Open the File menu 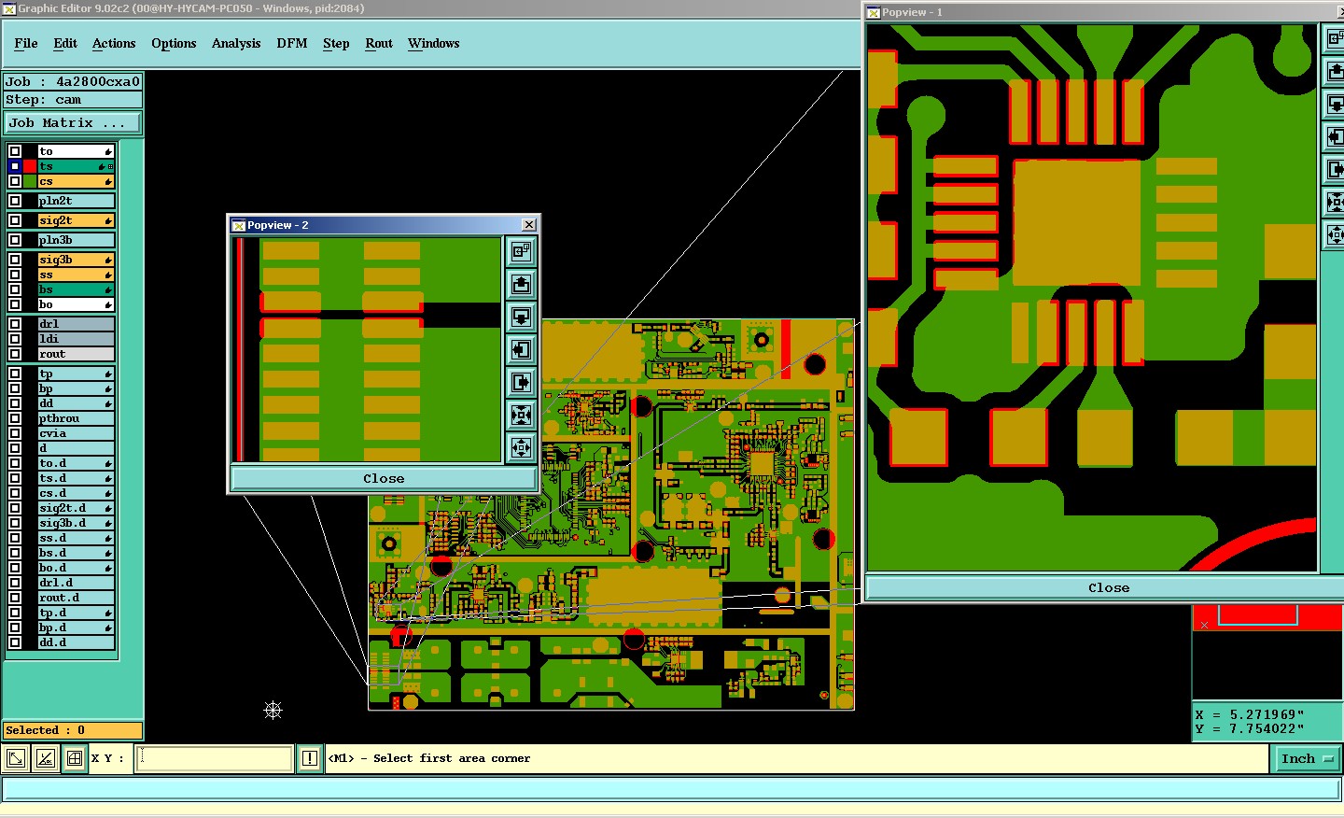pos(26,44)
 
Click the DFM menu pos(292,44)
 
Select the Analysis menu pos(236,44)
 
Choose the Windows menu pos(433,44)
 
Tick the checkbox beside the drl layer pos(15,324)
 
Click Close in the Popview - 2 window pos(384,478)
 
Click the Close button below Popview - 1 pos(1108,587)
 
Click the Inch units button pos(1306,758)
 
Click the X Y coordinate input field pos(215,758)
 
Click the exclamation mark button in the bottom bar pos(310,758)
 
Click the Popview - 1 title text pos(912,12)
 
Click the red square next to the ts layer pos(30,166)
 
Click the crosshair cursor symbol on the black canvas pos(273,711)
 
